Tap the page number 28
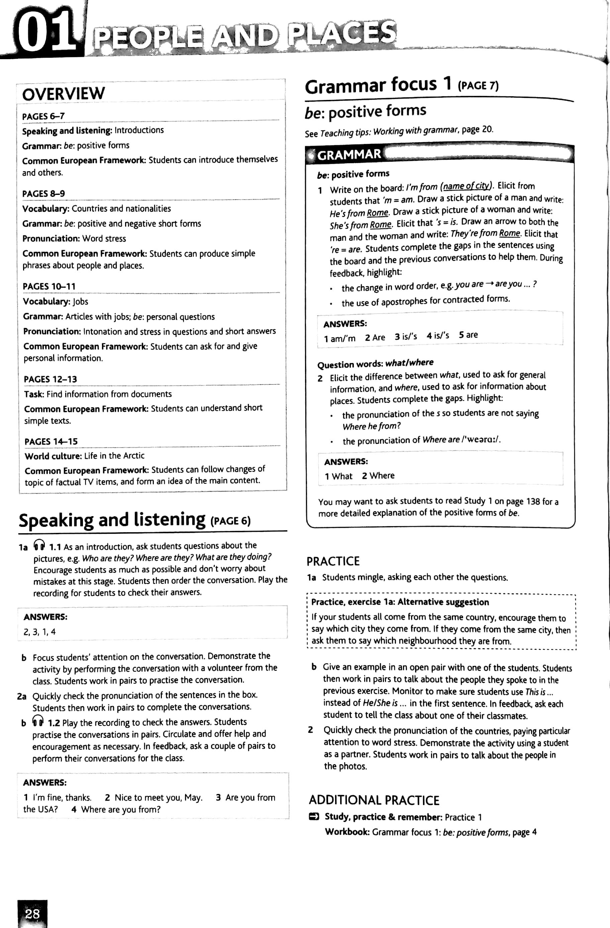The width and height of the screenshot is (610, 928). [32, 914]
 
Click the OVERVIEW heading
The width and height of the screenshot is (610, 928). [64, 94]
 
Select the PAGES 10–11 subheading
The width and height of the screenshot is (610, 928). [49, 286]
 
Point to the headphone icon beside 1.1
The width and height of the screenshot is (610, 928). [39, 544]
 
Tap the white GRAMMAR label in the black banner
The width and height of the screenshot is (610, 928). [349, 155]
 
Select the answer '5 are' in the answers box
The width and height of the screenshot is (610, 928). [468, 335]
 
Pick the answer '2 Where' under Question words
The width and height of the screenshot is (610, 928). [378, 476]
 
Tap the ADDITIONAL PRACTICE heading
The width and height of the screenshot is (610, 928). [374, 800]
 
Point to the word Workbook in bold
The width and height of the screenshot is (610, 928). [347, 832]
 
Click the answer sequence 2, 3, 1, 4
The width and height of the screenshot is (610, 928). [39, 632]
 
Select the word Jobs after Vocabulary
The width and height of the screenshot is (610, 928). [80, 302]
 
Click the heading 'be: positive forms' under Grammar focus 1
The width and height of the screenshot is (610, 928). [366, 112]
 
